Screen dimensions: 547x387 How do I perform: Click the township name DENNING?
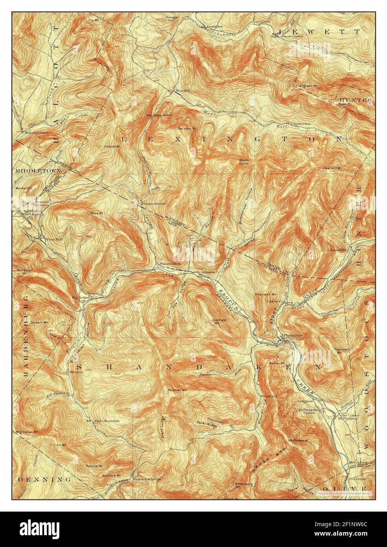44,480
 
